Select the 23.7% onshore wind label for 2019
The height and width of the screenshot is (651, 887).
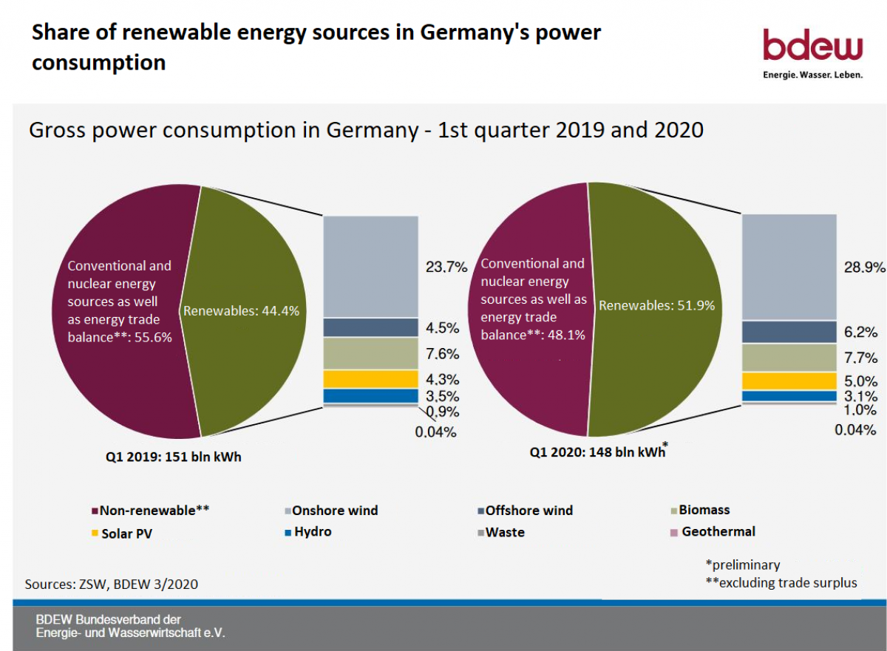tap(446, 267)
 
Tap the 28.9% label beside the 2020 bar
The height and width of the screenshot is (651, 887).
tap(865, 267)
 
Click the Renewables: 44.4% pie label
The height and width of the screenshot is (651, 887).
tap(241, 311)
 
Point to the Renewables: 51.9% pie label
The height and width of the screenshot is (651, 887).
tap(656, 305)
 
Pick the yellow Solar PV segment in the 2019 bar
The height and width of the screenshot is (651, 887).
tap(371, 379)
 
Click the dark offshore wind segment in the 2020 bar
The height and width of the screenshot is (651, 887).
tap(789, 332)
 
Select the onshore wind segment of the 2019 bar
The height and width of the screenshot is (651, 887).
tap(371, 267)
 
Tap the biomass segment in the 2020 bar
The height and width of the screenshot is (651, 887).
tap(789, 358)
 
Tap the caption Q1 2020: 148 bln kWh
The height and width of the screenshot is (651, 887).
tap(597, 452)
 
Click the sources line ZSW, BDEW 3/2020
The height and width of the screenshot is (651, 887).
tap(111, 584)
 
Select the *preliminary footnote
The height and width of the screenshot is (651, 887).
tap(742, 565)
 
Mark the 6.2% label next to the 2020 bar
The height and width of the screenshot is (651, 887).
tap(861, 333)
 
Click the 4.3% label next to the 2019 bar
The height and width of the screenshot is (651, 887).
tap(443, 380)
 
